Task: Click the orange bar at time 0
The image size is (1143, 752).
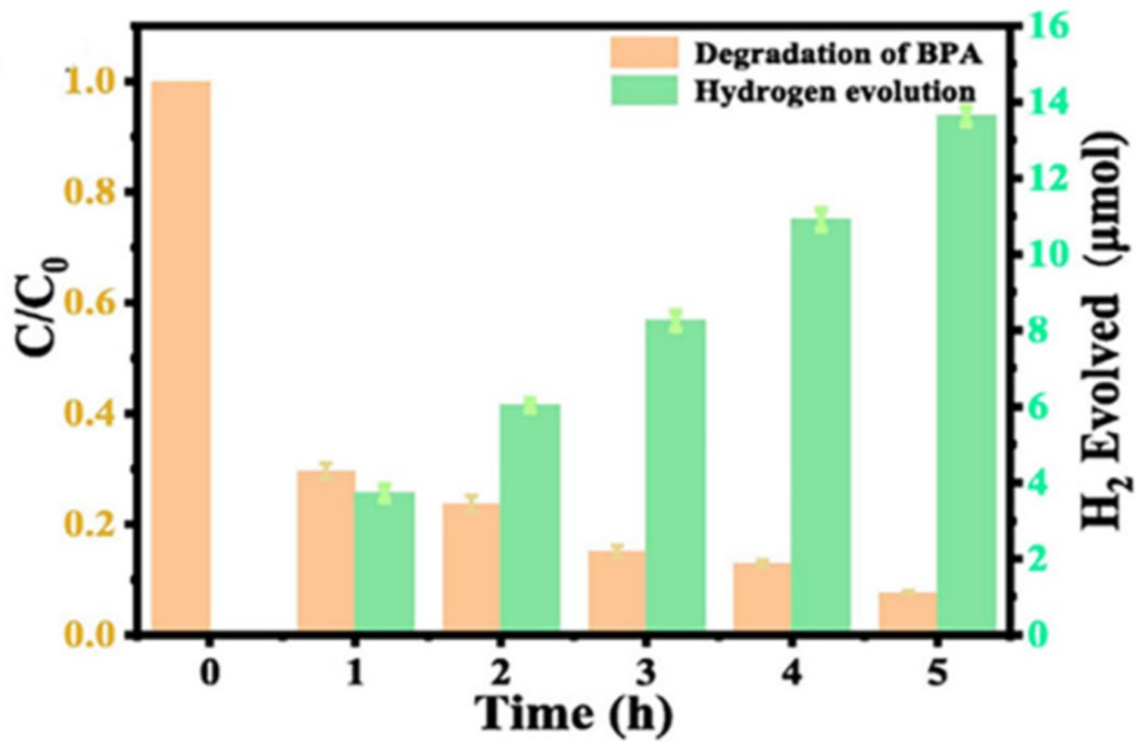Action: pyautogui.click(x=181, y=356)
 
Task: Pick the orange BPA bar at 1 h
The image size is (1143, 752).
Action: pyautogui.click(x=326, y=550)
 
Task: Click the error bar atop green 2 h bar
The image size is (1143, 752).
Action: pyautogui.click(x=530, y=405)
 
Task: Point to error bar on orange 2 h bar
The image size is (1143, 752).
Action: pyautogui.click(x=472, y=504)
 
